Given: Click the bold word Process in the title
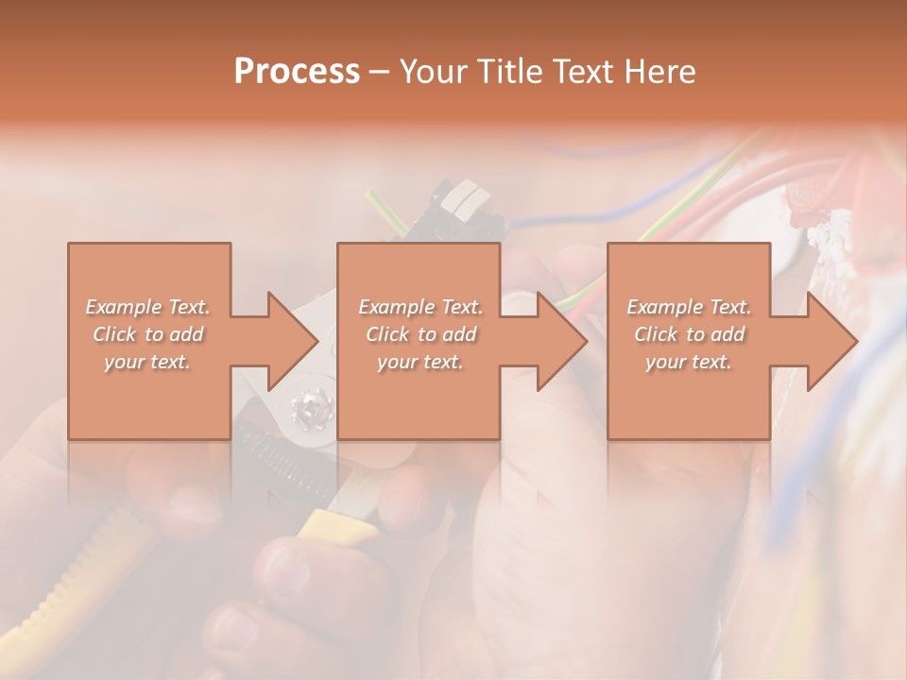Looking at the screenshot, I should coord(297,72).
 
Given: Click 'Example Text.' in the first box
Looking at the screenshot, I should coord(147,307).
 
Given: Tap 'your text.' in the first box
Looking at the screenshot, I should coord(147,362).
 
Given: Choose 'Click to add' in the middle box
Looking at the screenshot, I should coord(419,334).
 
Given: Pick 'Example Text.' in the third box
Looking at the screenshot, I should coord(689,307).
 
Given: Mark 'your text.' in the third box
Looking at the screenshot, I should coord(689,362).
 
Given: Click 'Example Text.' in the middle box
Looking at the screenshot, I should coord(419,307).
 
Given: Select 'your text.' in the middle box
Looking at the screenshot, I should coord(419,362).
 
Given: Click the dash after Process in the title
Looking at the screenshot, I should coord(380,72).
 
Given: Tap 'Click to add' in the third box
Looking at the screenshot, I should coord(689,334).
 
